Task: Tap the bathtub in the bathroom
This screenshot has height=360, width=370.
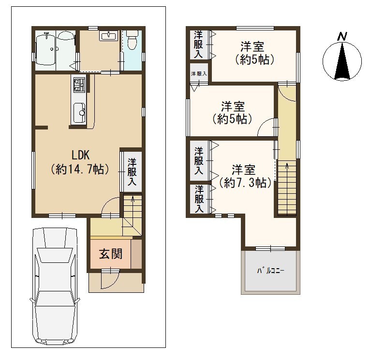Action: [45, 50]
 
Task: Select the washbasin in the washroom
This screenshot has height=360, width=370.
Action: [109, 36]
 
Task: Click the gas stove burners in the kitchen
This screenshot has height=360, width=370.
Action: [79, 85]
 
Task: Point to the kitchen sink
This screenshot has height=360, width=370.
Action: [79, 113]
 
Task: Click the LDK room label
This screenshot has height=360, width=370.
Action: [81, 155]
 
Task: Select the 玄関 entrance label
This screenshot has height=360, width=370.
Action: [111, 254]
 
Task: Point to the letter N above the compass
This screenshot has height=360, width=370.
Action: [342, 37]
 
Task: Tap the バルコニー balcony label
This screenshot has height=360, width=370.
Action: [271, 271]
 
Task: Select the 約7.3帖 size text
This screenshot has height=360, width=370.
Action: [245, 183]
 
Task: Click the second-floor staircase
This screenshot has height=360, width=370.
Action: [287, 187]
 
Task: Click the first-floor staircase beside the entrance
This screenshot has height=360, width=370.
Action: [133, 215]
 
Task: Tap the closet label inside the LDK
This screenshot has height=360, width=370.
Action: [132, 172]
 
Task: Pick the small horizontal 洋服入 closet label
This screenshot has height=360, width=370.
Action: [199, 73]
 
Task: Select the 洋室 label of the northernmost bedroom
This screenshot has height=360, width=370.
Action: [252, 46]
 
